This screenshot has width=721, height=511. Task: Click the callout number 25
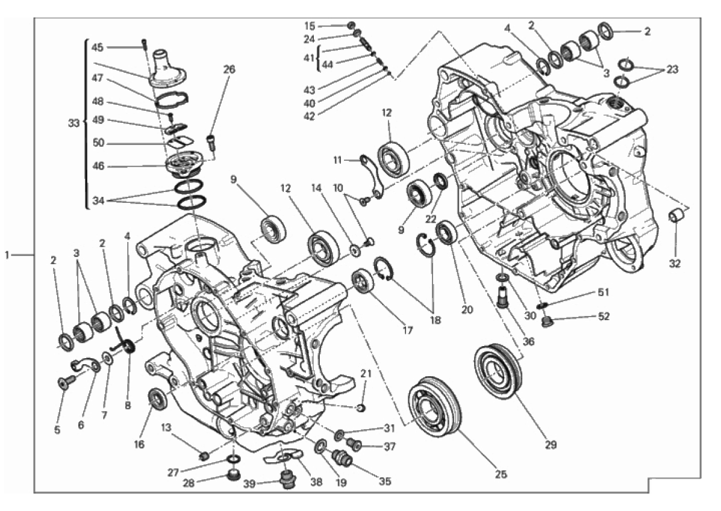click(x=501, y=474)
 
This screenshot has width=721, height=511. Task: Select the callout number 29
click(x=551, y=444)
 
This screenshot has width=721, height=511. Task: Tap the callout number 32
click(x=675, y=264)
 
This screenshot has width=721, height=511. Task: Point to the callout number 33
click(x=73, y=123)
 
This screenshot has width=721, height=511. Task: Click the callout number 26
click(x=229, y=69)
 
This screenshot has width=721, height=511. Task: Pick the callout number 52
click(x=604, y=316)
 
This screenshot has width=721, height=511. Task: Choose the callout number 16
click(x=139, y=444)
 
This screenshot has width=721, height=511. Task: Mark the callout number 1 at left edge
click(x=7, y=254)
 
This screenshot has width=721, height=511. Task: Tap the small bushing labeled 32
click(x=676, y=215)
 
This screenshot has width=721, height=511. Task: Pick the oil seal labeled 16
click(x=158, y=398)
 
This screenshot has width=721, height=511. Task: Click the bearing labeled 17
click(x=363, y=280)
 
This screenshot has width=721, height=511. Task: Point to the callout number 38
click(x=316, y=482)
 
